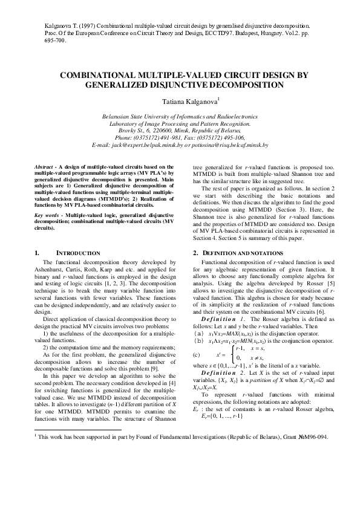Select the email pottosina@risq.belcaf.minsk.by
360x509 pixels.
pos(226,146)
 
